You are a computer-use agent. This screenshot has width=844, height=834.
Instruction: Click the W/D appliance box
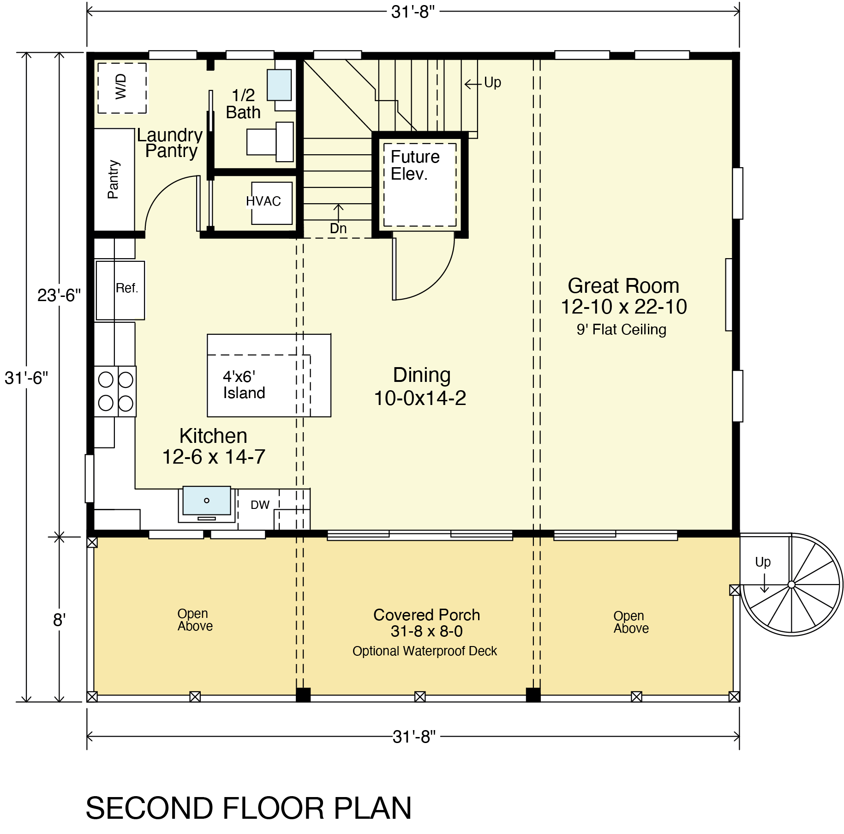coord(122,88)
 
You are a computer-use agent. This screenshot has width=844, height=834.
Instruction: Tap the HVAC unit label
coord(263,201)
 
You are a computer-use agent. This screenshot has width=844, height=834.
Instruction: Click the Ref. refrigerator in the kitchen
coord(120,290)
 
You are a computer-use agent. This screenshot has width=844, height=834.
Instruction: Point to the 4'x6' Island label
coord(244,385)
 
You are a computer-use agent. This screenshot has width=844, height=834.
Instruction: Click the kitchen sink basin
coord(207,500)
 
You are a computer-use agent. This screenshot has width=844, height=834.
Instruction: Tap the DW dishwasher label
coord(260,505)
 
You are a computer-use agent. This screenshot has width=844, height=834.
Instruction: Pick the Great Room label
coord(623,286)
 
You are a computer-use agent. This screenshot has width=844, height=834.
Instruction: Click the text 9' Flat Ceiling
coord(621,330)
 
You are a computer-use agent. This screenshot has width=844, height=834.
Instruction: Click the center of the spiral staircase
coord(791,585)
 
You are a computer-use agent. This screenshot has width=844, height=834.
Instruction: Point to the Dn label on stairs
coord(338,228)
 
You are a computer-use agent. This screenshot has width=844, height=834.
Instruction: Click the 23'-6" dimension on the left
coord(59,295)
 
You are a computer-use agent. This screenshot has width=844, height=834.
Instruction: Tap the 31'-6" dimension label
coord(26,378)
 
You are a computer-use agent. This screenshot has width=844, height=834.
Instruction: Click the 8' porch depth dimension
coord(59,620)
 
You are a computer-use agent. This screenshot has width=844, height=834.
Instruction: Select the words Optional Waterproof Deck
coord(425,651)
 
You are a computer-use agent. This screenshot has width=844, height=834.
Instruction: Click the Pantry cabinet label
coord(114,180)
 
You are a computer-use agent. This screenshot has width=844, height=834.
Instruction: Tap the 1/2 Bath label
coord(243,104)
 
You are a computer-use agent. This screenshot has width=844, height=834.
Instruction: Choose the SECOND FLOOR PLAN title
coord(248,808)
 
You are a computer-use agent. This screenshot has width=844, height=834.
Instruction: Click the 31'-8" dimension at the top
coord(413,12)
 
